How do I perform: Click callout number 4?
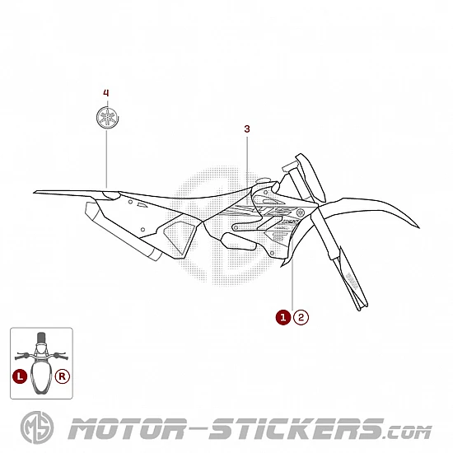click(106, 93)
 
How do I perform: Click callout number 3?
click(247, 128)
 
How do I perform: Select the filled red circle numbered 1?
click(283, 317)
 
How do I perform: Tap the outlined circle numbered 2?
click(301, 317)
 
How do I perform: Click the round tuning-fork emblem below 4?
click(107, 117)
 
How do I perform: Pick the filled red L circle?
click(20, 376)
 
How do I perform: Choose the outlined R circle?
click(63, 376)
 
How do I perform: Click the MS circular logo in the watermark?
click(37, 427)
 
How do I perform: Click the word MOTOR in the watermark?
click(127, 429)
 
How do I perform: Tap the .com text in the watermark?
click(408, 432)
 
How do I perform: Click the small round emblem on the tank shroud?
click(301, 213)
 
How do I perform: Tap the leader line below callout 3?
click(247, 170)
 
